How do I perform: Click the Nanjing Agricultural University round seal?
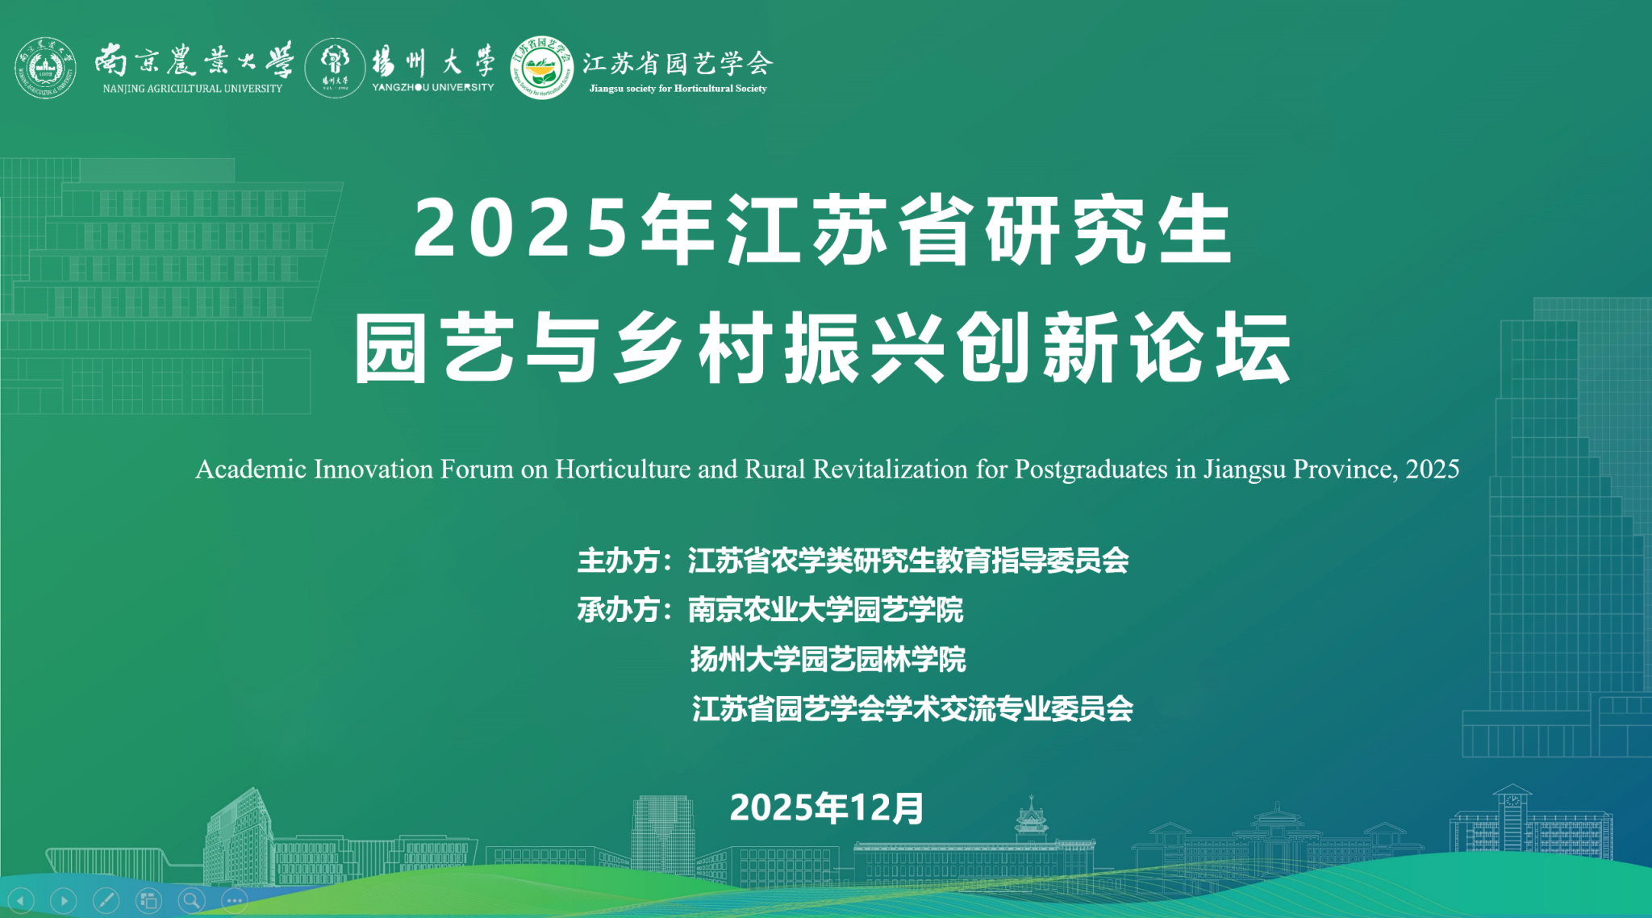[46, 68]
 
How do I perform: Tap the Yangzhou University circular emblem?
[336, 68]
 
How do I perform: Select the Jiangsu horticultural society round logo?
[542, 68]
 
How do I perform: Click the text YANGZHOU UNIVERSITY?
[433, 87]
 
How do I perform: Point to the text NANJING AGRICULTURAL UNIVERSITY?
[193, 89]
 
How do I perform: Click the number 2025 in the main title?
[520, 229]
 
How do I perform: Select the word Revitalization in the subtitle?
[891, 469]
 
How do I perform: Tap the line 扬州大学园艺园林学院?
[828, 660]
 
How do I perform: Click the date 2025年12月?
[827, 807]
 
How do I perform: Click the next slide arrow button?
[64, 900]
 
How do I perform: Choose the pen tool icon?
[106, 900]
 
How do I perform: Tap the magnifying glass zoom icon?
[192, 900]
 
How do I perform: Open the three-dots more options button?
[235, 900]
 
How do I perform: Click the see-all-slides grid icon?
[149, 900]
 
